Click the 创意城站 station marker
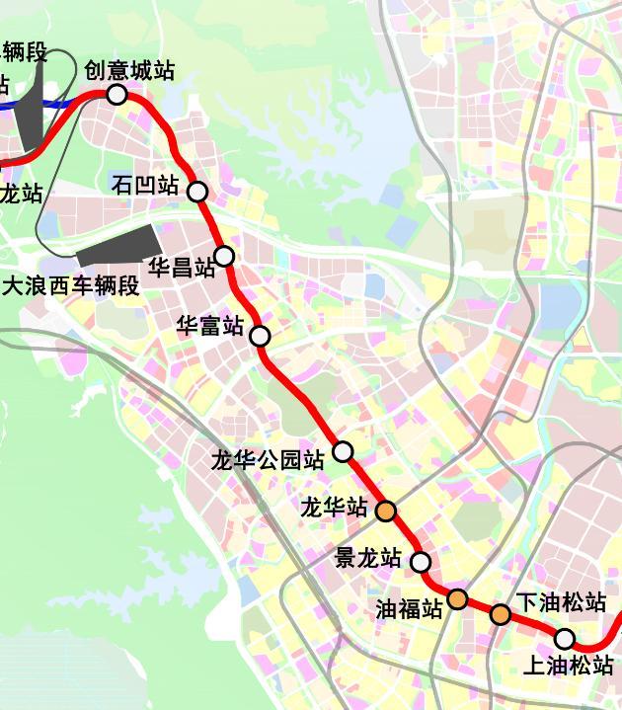[x=117, y=95]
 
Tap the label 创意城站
[x=129, y=71]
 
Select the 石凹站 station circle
[x=197, y=192]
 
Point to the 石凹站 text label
[x=145, y=186]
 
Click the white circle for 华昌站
[x=224, y=257]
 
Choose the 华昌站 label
[x=181, y=268]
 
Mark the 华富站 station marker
[x=260, y=336]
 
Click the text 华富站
[x=209, y=325]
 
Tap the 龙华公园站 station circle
[x=343, y=451]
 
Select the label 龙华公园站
[x=268, y=460]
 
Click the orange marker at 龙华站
[x=386, y=511]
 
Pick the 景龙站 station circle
[x=421, y=562]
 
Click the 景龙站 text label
[x=368, y=558]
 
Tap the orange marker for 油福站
[x=458, y=598]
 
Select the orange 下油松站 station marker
[x=501, y=615]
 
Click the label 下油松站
[x=561, y=601]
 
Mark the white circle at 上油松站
[x=565, y=638]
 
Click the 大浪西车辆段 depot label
[x=71, y=286]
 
